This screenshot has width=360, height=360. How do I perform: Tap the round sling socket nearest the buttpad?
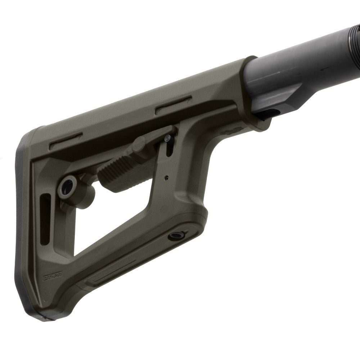(68, 185)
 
